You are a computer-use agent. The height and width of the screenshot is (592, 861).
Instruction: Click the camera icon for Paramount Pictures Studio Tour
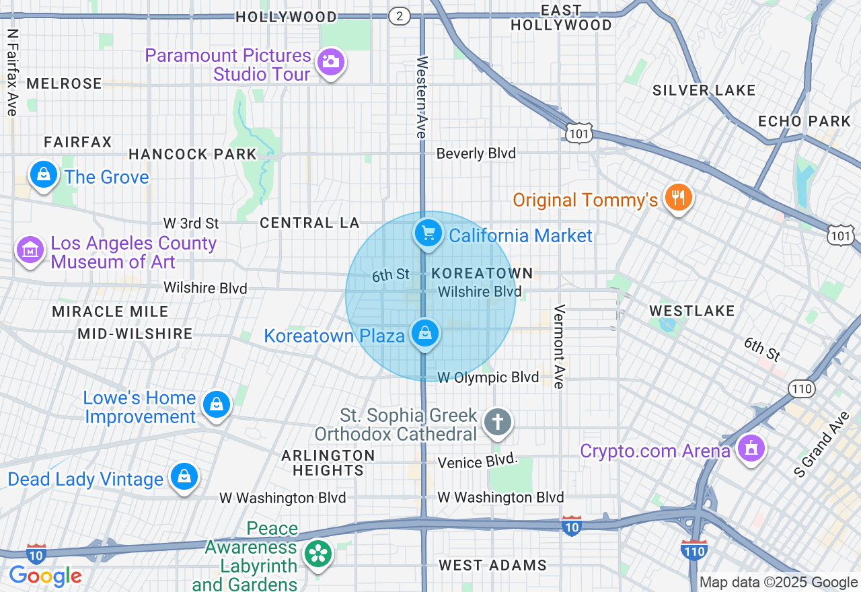point(330,62)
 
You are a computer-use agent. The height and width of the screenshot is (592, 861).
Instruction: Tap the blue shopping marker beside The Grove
point(44,175)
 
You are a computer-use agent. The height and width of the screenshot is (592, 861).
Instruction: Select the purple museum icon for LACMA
point(30,251)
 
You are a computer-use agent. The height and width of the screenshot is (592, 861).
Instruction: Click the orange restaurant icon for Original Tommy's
point(678,198)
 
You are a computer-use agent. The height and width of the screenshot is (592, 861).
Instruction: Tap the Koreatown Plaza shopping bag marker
point(424,333)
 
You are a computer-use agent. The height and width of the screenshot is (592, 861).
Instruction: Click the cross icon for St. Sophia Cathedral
point(498,422)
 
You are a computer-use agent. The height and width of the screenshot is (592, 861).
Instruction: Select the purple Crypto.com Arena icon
point(751,448)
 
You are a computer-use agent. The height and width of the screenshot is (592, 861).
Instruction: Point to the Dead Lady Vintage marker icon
point(184,477)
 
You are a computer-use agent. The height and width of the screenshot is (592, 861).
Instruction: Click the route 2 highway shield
point(400,17)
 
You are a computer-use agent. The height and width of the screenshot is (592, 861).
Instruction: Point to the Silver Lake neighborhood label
point(704,90)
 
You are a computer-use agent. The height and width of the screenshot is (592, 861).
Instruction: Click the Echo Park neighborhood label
point(804,121)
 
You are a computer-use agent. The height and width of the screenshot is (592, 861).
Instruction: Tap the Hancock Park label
point(193,154)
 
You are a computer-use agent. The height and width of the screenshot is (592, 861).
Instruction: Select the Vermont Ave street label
point(558,346)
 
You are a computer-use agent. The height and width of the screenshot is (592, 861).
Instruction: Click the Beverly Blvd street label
point(476,153)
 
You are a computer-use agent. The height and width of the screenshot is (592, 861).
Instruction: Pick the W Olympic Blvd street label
point(488,377)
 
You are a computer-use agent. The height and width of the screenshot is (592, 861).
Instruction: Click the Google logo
point(45,576)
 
